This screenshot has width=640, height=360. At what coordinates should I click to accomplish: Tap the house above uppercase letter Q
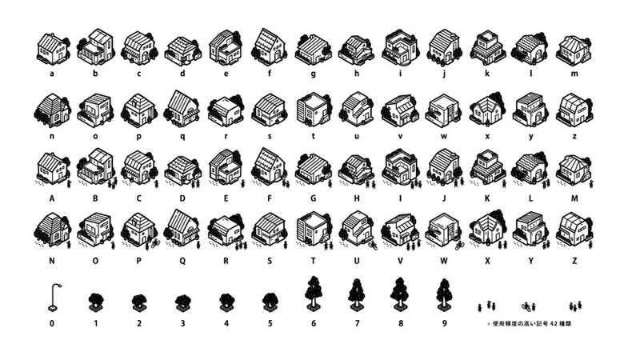point(182,227)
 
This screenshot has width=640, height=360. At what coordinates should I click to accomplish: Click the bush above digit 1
point(96,302)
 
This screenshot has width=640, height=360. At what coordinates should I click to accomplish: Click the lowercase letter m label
point(573,74)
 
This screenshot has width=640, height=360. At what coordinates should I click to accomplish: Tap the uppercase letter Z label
point(573,260)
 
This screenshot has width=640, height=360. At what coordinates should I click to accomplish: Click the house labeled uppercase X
point(487,229)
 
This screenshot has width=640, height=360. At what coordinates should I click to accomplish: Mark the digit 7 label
point(356,323)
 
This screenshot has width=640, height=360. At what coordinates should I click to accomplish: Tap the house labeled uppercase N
point(53,229)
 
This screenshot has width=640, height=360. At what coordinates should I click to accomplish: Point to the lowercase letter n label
point(53,136)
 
